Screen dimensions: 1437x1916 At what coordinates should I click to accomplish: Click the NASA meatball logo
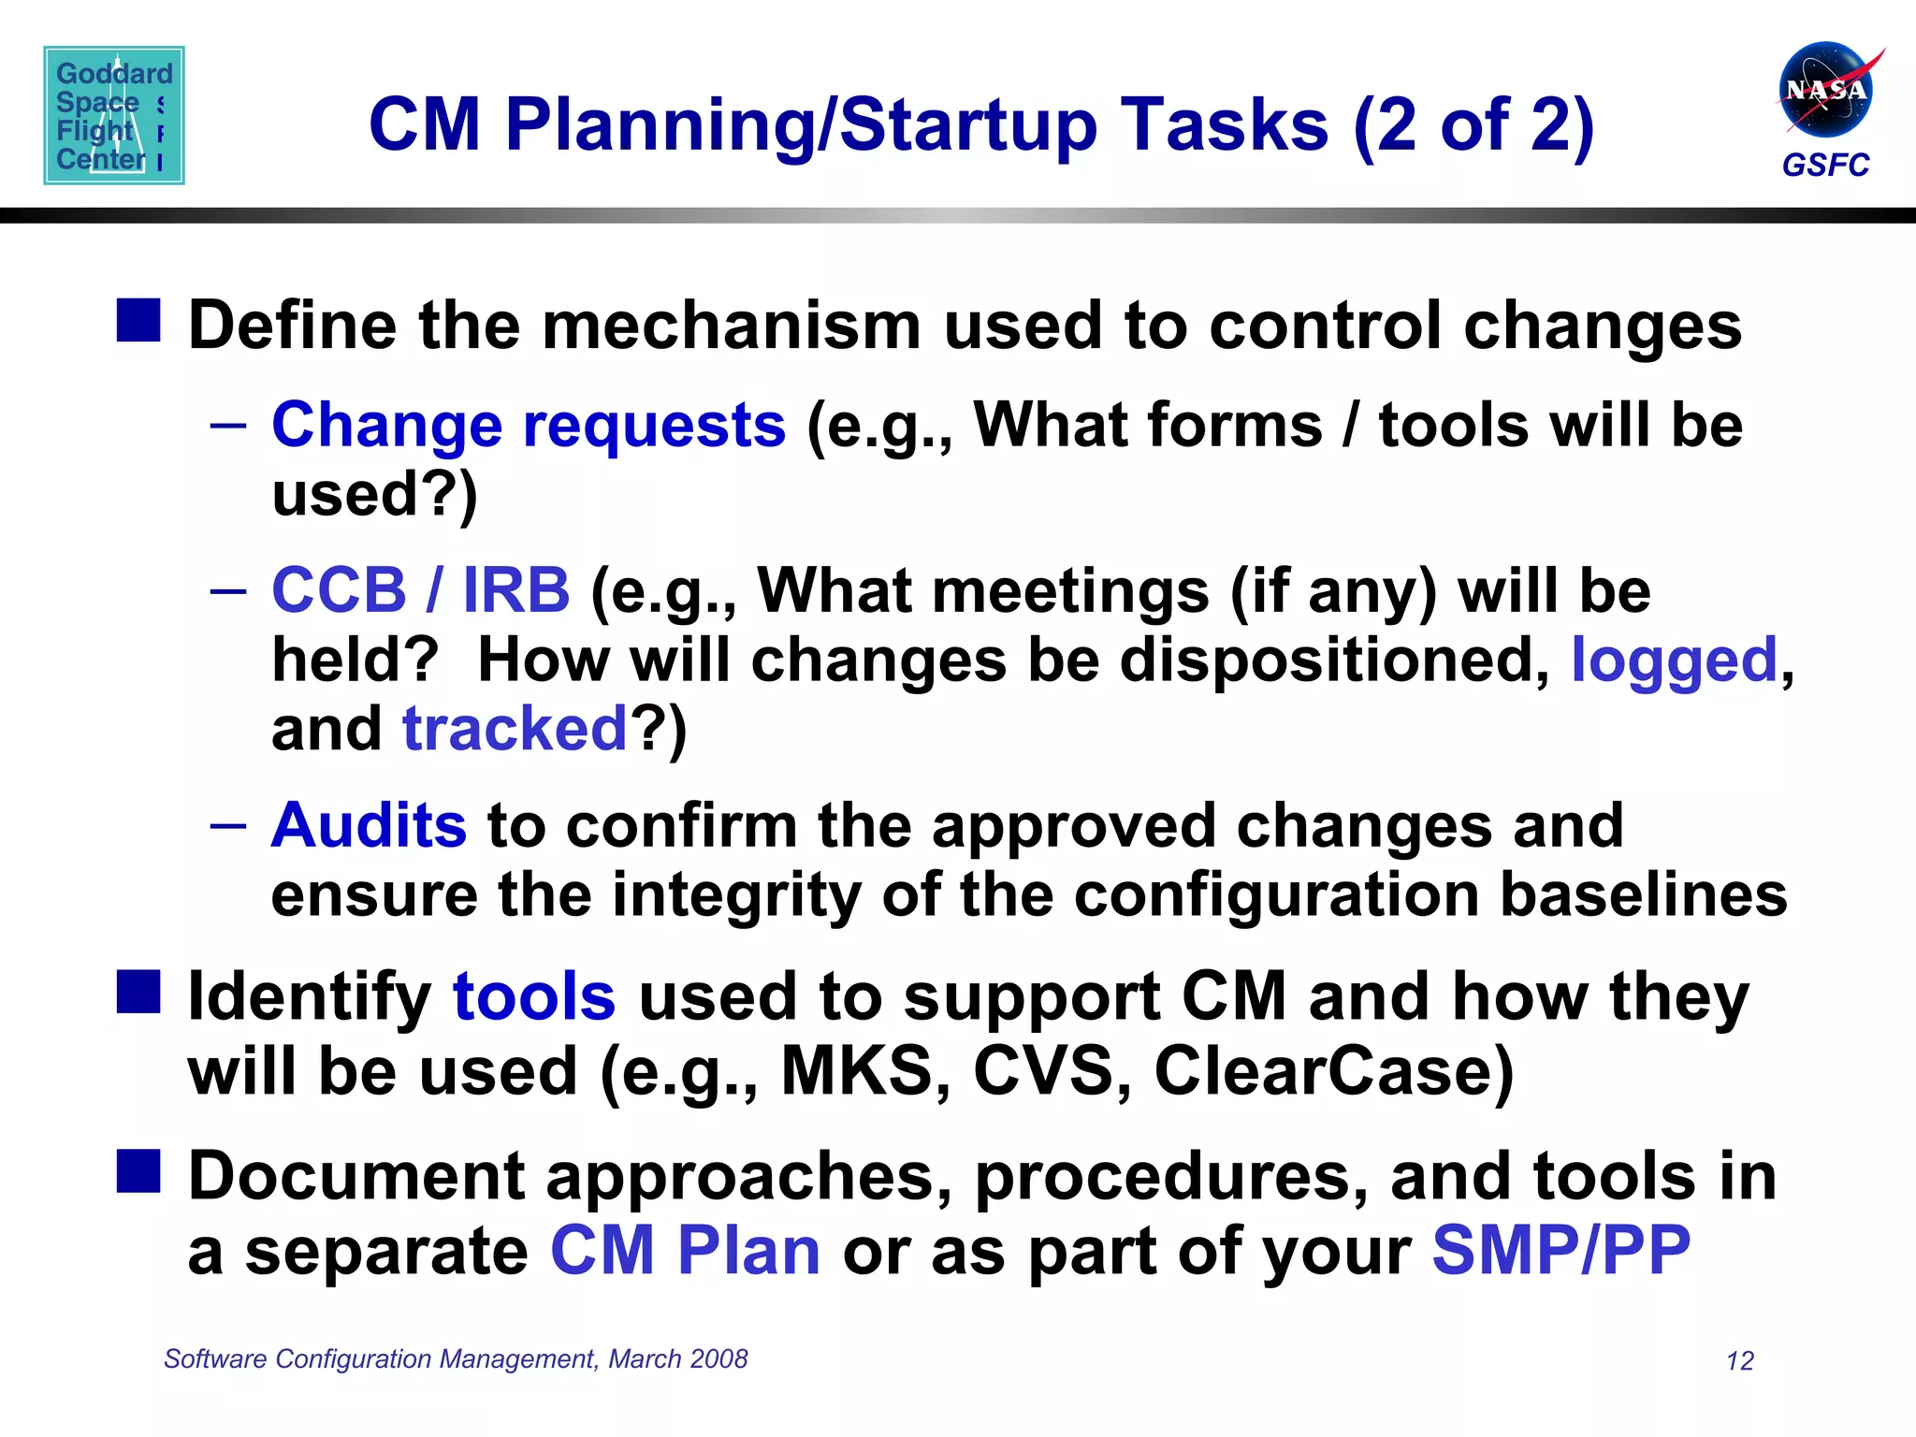(1825, 91)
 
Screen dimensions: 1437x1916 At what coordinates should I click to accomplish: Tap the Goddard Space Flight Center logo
(114, 115)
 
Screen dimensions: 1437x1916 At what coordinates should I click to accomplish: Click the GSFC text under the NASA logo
(1825, 166)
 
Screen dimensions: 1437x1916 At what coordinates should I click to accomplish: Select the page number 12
(1739, 1361)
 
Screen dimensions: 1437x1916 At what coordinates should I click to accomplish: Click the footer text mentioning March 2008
(456, 1358)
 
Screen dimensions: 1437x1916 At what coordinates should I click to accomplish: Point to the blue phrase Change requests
(529, 426)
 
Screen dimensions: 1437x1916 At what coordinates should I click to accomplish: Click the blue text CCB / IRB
(420, 591)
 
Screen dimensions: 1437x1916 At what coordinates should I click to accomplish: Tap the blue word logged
(1673, 660)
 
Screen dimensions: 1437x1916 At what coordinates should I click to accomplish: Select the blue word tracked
(515, 729)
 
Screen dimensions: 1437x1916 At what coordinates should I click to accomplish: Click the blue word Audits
(369, 826)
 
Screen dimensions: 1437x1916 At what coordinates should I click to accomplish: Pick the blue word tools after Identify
(534, 997)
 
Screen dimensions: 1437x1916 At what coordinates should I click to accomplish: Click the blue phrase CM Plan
(685, 1251)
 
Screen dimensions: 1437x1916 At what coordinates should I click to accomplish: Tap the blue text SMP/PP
(1560, 1251)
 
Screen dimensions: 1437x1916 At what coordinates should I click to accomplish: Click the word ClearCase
(1333, 1071)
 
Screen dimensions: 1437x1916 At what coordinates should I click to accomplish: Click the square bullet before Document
(138, 1171)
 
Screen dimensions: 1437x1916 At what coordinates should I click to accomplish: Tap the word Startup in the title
(968, 126)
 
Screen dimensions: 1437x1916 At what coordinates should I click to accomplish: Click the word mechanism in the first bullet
(732, 327)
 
